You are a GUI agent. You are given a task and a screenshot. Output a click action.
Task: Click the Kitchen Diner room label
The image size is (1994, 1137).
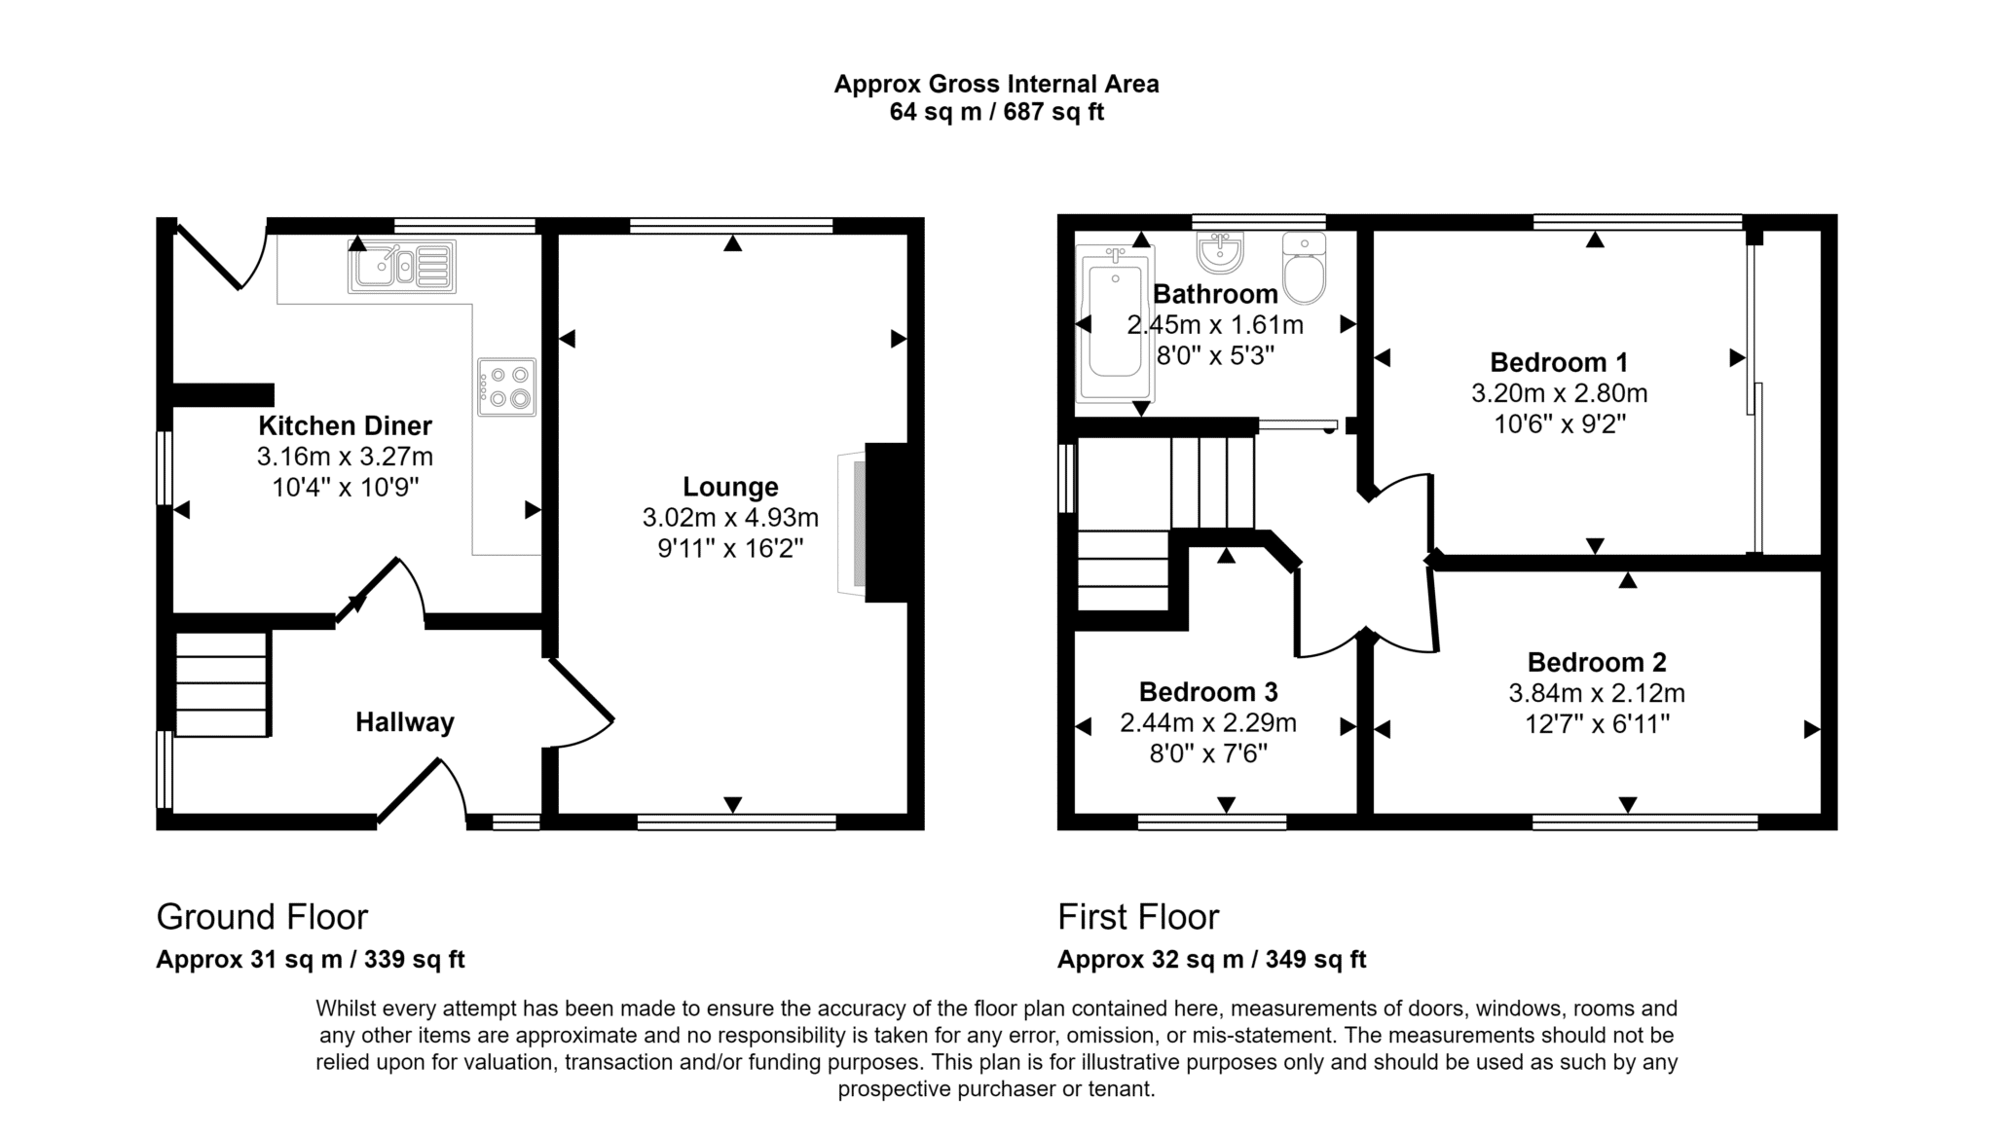(x=345, y=425)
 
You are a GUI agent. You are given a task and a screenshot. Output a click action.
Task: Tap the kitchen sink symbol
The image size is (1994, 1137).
(x=401, y=267)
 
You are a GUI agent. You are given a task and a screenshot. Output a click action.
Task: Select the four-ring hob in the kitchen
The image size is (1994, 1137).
(x=506, y=386)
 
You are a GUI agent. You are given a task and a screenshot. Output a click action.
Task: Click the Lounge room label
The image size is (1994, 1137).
(x=730, y=487)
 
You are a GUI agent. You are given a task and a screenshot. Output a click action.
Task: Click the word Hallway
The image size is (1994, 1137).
(x=405, y=722)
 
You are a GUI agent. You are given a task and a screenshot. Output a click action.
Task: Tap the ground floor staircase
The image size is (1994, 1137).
(x=221, y=684)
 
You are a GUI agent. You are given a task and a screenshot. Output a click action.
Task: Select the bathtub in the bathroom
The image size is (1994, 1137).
(x=1116, y=323)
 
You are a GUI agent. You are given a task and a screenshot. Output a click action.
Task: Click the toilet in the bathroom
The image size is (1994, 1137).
(x=1304, y=268)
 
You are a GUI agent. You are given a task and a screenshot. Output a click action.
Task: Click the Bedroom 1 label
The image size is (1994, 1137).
(x=1559, y=362)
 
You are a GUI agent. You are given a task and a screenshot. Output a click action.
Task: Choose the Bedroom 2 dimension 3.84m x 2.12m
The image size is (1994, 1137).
(x=1597, y=693)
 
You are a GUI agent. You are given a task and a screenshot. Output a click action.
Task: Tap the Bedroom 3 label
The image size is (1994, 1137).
(x=1208, y=692)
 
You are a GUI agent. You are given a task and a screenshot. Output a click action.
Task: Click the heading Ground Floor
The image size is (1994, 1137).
(x=262, y=917)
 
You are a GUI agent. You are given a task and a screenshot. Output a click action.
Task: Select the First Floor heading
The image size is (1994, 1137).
(x=1138, y=917)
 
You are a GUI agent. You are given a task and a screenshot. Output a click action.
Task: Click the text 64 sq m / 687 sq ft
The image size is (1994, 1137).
(x=996, y=112)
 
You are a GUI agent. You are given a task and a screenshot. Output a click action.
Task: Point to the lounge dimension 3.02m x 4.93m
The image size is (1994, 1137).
(x=730, y=518)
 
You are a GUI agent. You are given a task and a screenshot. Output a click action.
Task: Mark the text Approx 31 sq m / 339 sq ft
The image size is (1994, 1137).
(x=311, y=960)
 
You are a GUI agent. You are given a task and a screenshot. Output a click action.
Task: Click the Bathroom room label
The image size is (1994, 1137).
(x=1215, y=294)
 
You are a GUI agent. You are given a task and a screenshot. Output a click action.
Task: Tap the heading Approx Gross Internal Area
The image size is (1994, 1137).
(x=996, y=85)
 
